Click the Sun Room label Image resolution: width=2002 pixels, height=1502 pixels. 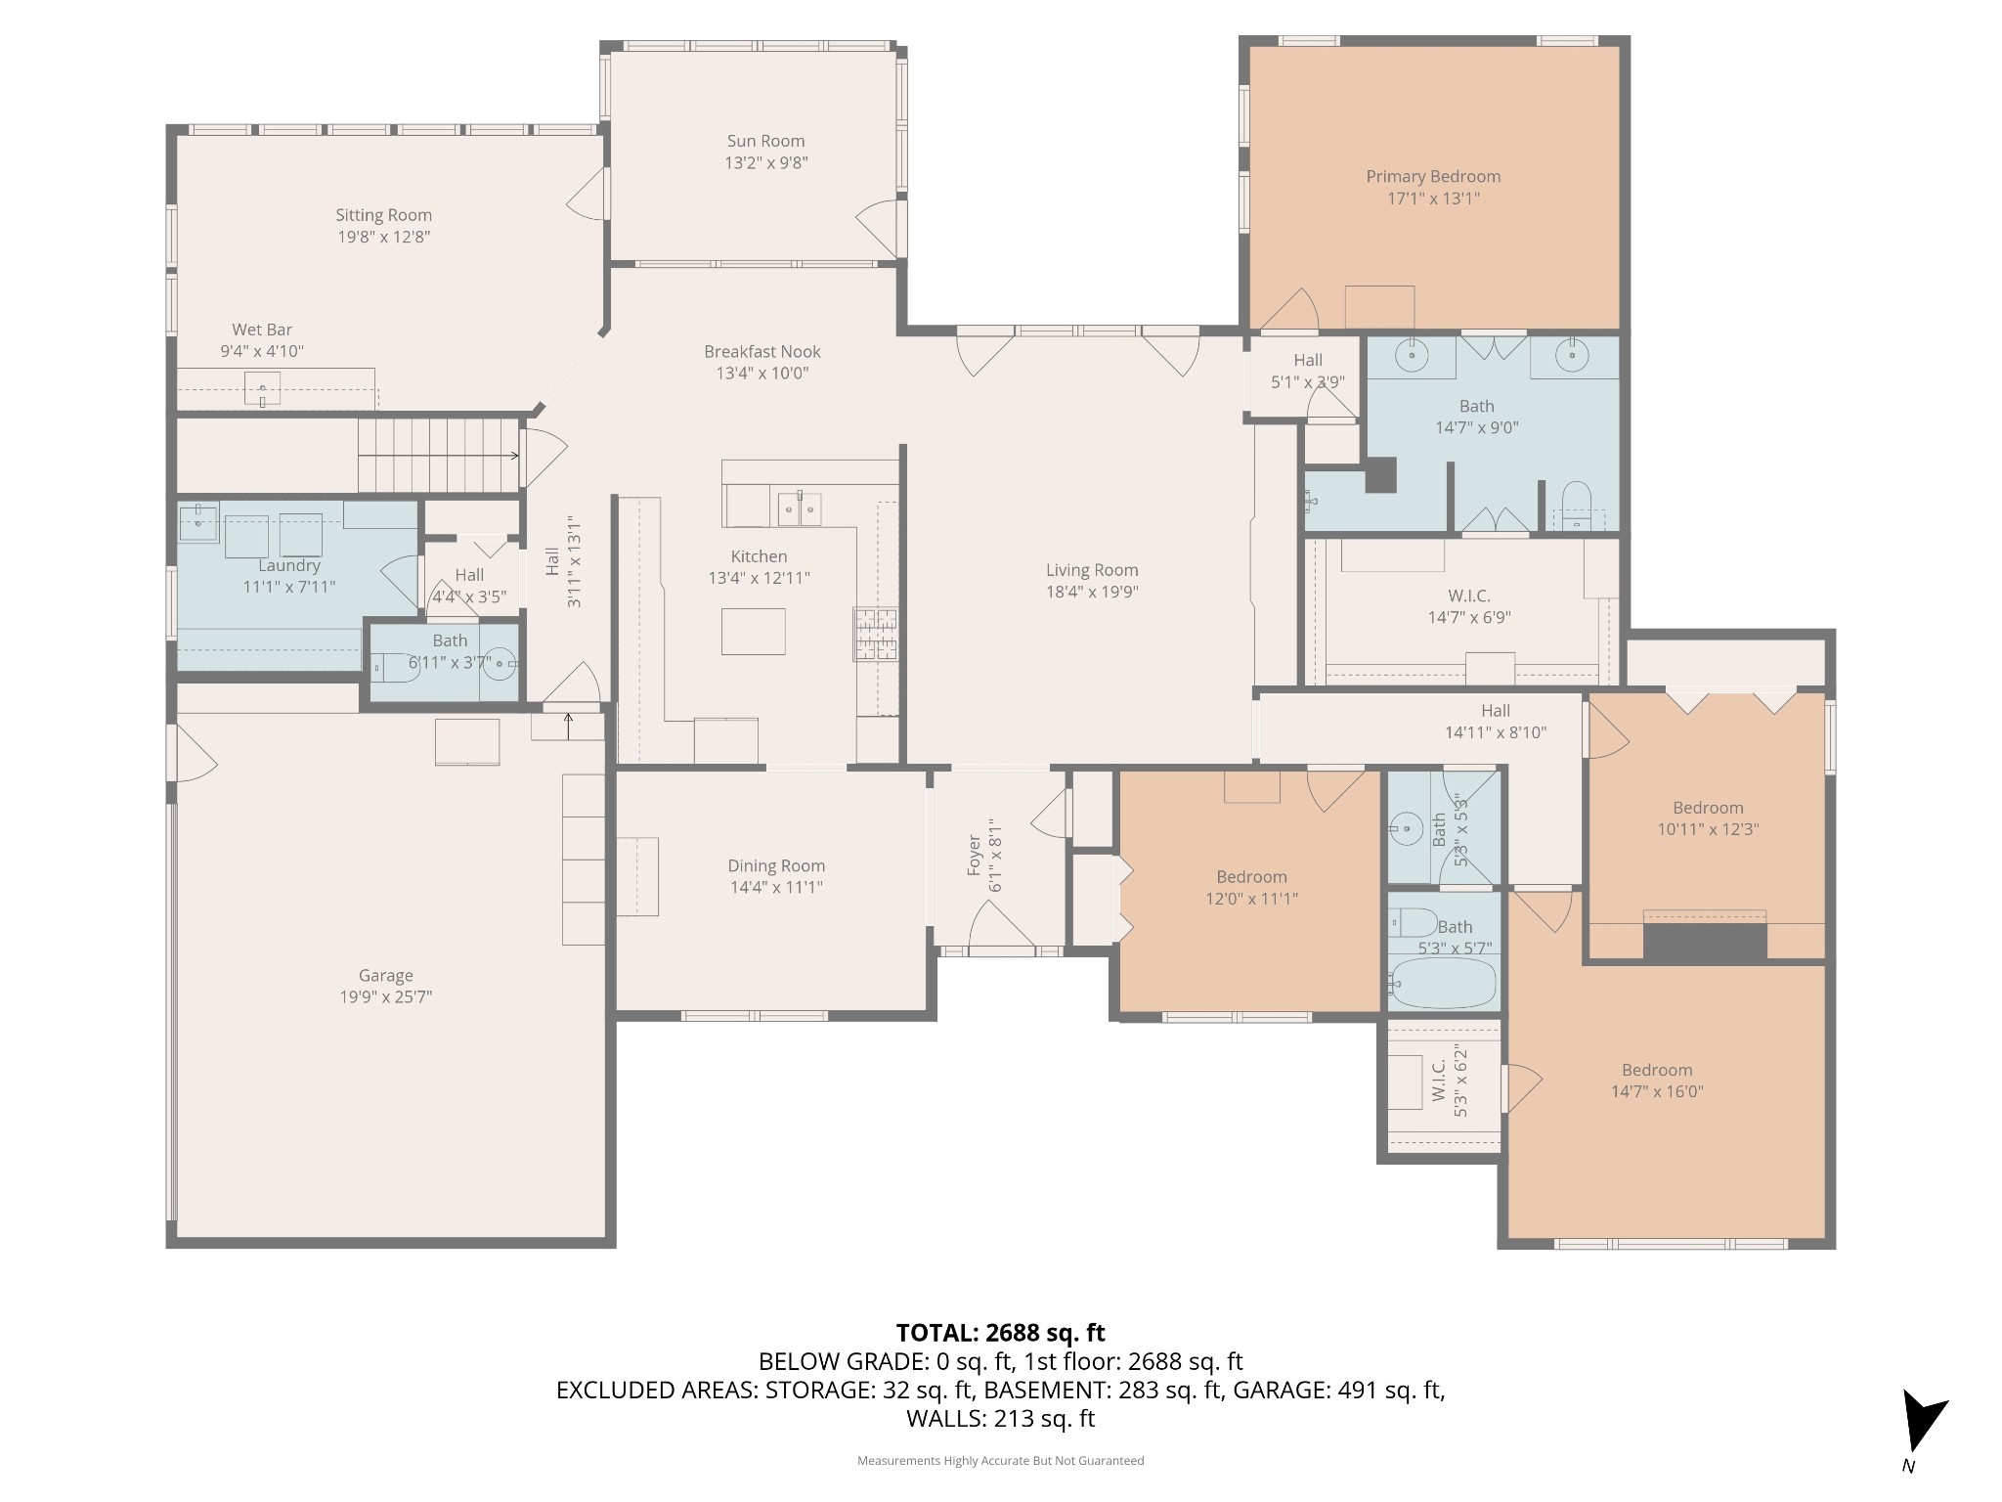[765, 141]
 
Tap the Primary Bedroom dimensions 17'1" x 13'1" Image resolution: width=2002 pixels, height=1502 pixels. [1432, 199]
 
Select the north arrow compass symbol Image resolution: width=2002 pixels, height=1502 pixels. [1922, 1429]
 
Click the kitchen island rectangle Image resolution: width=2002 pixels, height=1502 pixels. [753, 631]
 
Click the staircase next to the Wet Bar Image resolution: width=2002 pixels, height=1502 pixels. [437, 455]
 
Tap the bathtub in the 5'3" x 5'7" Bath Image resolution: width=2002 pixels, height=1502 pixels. [1443, 983]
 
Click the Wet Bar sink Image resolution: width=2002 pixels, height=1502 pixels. [262, 388]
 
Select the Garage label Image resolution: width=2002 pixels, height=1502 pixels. [385, 975]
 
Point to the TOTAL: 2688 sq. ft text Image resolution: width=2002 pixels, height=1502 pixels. [1000, 1333]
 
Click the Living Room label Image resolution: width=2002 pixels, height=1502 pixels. [1092, 570]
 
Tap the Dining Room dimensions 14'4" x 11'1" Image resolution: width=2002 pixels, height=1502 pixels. [776, 887]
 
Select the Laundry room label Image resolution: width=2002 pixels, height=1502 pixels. [289, 565]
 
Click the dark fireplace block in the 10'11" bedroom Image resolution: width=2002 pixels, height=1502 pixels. [1705, 941]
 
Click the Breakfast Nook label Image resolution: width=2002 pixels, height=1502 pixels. [762, 351]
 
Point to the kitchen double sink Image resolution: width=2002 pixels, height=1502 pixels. [799, 508]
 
